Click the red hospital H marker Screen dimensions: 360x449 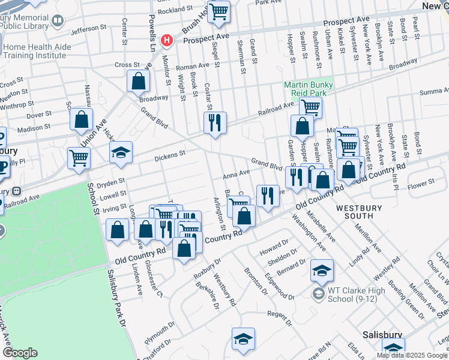[167, 40]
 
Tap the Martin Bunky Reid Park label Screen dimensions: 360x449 [309, 89]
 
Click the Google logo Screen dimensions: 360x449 [20, 353]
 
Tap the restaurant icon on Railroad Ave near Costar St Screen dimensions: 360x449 [214, 122]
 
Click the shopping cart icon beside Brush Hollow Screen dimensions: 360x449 [219, 10]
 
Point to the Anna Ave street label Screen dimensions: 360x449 [236, 174]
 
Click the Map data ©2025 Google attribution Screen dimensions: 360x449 [412, 355]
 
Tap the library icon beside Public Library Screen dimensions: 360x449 [58, 20]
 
